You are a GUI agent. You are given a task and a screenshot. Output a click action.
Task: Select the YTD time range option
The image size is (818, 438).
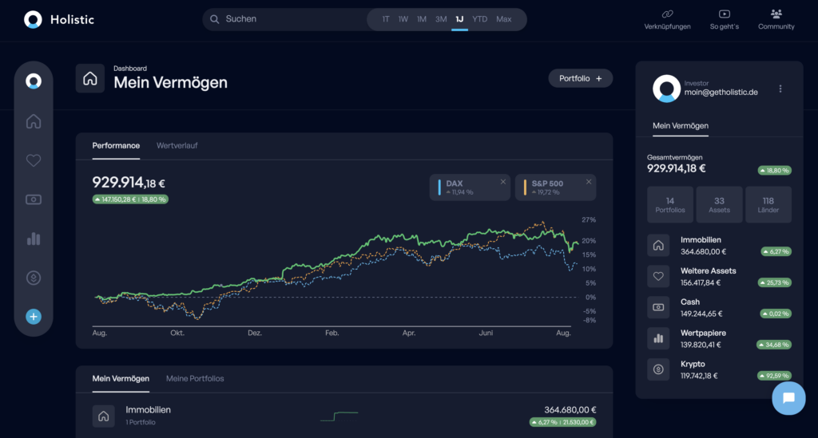(479, 19)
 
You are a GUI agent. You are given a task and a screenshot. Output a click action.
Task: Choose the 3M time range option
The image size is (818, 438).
(441, 19)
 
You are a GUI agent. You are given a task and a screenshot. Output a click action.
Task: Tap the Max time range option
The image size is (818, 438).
(503, 19)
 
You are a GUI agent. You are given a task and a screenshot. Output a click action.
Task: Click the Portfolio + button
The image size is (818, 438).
(580, 78)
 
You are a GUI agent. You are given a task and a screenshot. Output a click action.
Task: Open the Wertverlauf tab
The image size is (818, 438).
(177, 145)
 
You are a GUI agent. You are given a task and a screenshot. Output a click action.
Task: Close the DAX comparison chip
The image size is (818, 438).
(503, 182)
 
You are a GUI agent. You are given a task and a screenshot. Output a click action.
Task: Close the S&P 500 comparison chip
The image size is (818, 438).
(589, 182)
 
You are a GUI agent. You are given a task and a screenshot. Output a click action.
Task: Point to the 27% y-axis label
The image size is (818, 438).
(589, 219)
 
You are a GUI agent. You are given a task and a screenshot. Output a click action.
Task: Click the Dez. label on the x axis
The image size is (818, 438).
(255, 333)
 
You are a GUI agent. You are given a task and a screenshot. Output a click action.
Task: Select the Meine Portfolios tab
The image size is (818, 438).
(195, 378)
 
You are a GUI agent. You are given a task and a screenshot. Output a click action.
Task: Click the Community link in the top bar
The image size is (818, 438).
(776, 19)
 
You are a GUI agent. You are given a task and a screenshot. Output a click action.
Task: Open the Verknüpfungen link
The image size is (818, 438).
(666, 19)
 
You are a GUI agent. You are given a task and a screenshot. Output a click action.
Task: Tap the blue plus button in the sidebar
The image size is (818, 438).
(34, 317)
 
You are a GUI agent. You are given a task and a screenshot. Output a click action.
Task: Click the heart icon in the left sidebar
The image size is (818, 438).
(34, 160)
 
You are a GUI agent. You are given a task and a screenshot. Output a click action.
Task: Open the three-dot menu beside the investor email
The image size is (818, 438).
(780, 89)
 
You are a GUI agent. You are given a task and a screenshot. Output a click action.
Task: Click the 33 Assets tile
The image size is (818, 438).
(719, 204)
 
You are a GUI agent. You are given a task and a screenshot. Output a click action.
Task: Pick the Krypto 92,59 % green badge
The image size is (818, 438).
(774, 376)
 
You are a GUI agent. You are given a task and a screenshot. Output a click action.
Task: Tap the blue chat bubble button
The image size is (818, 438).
(788, 398)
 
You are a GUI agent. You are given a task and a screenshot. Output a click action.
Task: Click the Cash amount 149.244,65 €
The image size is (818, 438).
(701, 314)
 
